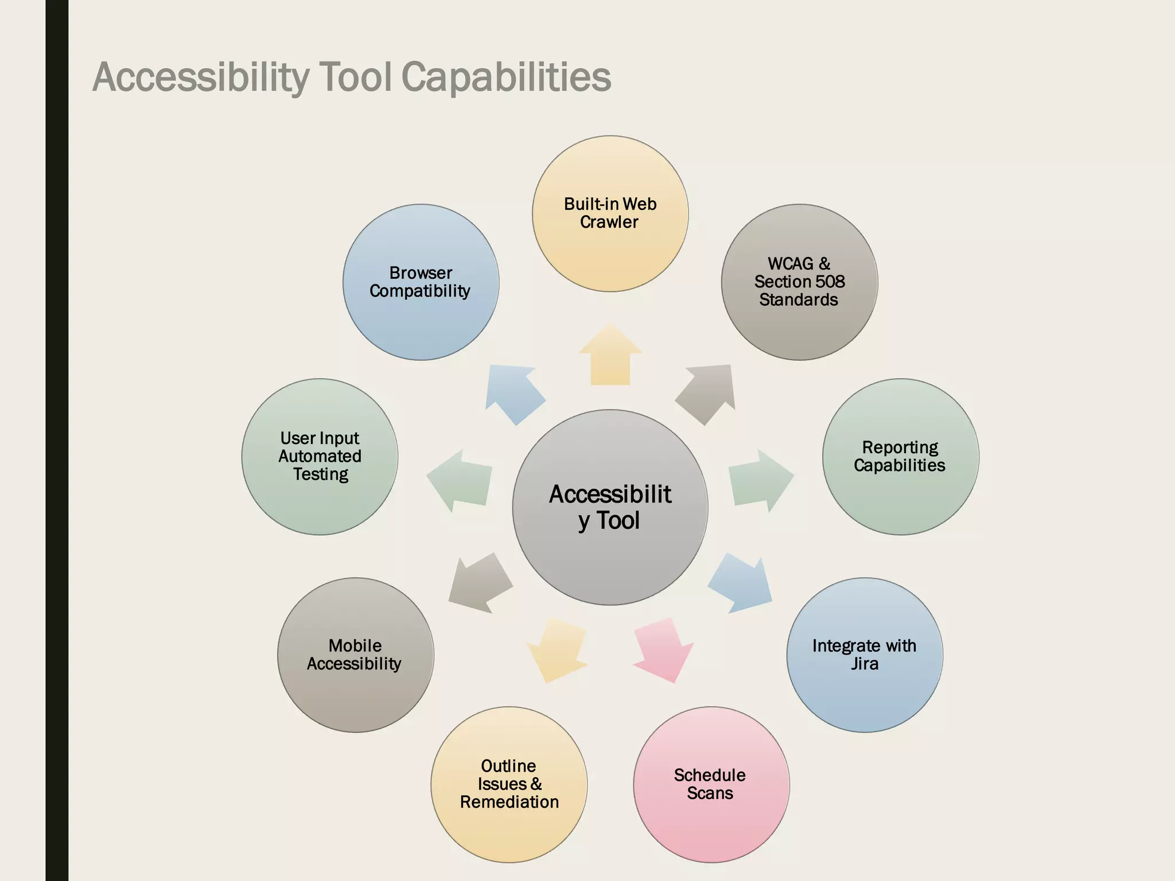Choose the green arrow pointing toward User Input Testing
tap(461, 480)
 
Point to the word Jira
tap(864, 664)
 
